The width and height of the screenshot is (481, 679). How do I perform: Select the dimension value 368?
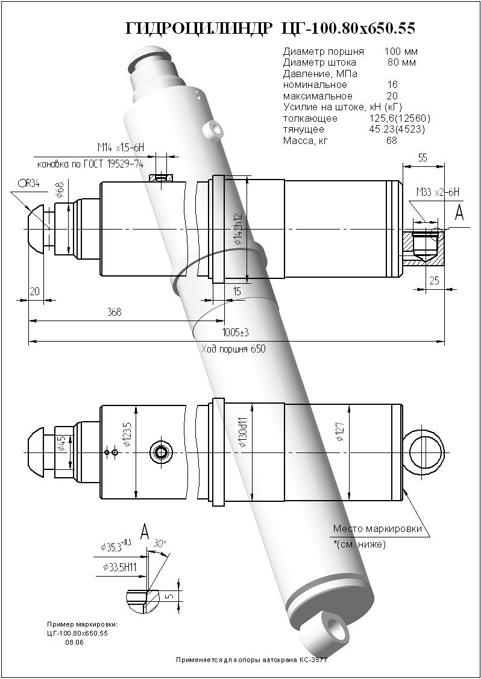coord(115,312)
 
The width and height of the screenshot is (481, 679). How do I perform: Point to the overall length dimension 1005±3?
coord(235,333)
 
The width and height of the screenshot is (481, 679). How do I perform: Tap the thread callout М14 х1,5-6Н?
coord(121,148)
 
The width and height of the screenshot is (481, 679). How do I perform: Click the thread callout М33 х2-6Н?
coord(438,192)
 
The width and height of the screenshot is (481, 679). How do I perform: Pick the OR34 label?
coord(28,183)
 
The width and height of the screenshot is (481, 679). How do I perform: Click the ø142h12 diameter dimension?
coord(238,229)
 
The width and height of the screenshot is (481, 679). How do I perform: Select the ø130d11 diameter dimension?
coord(244,433)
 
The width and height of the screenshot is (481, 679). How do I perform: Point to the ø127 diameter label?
coord(341,432)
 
